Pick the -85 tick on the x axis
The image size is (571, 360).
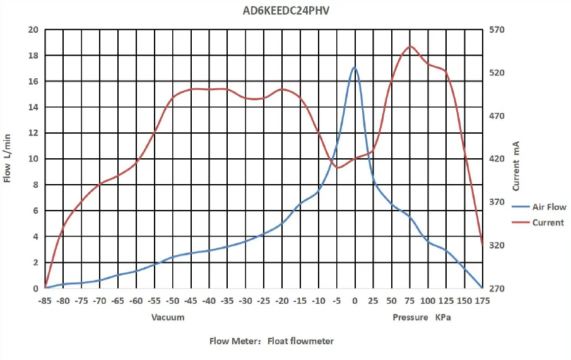click(45, 301)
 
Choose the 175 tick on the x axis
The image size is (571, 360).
click(483, 301)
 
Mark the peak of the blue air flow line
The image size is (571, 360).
click(355, 67)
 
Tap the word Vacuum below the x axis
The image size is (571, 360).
click(168, 317)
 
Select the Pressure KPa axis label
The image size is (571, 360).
click(421, 317)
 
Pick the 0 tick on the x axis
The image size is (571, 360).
click(355, 301)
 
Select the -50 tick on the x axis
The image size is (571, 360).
click(173, 301)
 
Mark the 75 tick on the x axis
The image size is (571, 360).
click(410, 301)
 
